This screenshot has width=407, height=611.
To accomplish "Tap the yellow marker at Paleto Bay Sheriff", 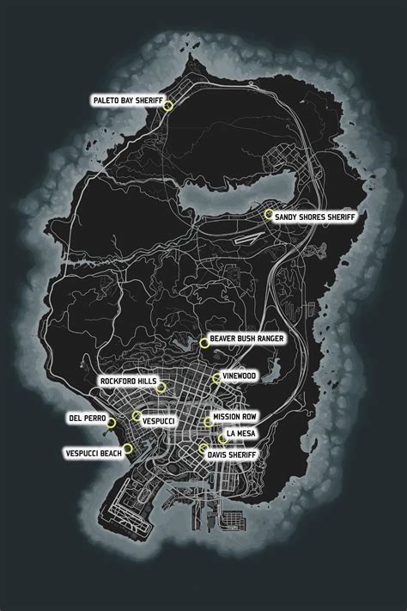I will pyautogui.click(x=168, y=106).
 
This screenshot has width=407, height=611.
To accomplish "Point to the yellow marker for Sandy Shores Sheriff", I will pyautogui.click(x=269, y=213).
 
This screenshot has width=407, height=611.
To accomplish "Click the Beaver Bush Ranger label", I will pyautogui.click(x=246, y=341).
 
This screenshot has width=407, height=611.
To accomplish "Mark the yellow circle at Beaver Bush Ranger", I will pyautogui.click(x=203, y=342).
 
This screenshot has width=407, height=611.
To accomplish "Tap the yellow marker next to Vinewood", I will pyautogui.click(x=216, y=378).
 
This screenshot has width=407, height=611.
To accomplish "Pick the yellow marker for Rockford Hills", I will pyautogui.click(x=161, y=388).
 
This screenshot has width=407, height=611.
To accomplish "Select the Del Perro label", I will pyautogui.click(x=87, y=418).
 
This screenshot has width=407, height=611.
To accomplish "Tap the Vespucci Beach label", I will pyautogui.click(x=91, y=452).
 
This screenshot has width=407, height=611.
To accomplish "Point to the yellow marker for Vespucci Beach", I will pyautogui.click(x=128, y=447).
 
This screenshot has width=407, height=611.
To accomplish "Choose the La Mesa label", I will pyautogui.click(x=240, y=433).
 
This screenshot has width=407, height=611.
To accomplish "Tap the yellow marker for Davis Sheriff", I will pyautogui.click(x=203, y=448).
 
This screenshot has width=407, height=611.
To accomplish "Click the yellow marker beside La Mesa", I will pyautogui.click(x=222, y=438).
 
